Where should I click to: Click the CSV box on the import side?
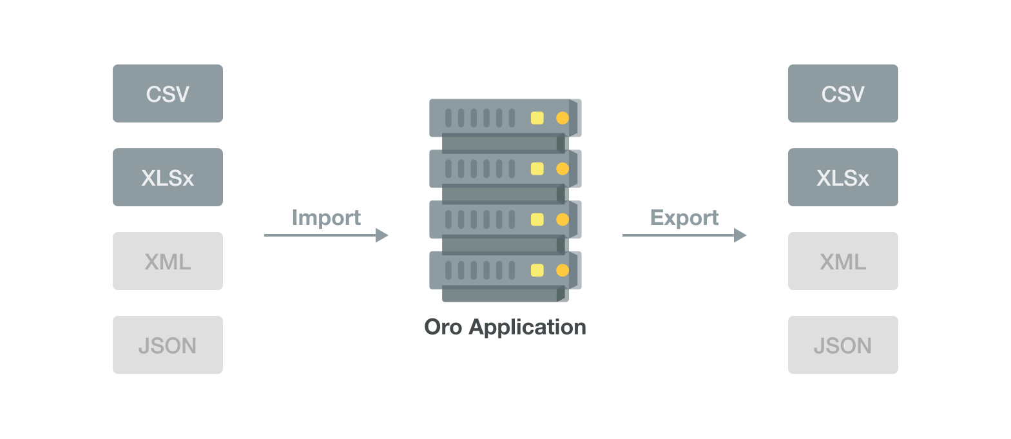coord(168,93)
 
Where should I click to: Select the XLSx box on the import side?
coord(168,177)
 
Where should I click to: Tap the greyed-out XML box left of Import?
coord(168,261)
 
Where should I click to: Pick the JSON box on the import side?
coord(168,345)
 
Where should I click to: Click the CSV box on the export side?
coord(843,93)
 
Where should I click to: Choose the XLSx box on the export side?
coord(843,177)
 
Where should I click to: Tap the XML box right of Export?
coord(843,261)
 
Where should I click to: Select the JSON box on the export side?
coord(843,345)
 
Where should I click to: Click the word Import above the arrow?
coord(326,218)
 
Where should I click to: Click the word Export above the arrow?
coord(684,218)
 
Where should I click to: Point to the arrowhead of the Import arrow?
coord(382,235)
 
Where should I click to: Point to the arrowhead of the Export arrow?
coord(740,235)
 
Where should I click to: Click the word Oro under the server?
coord(443,327)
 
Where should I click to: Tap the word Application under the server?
coord(528,327)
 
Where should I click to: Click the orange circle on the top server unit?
coord(563,118)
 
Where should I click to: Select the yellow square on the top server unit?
coord(537,118)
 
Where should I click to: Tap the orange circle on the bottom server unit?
coord(563,270)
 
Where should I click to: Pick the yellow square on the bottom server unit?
coord(537,270)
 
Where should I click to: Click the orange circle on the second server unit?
coord(563,169)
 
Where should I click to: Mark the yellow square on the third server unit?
coord(537,220)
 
